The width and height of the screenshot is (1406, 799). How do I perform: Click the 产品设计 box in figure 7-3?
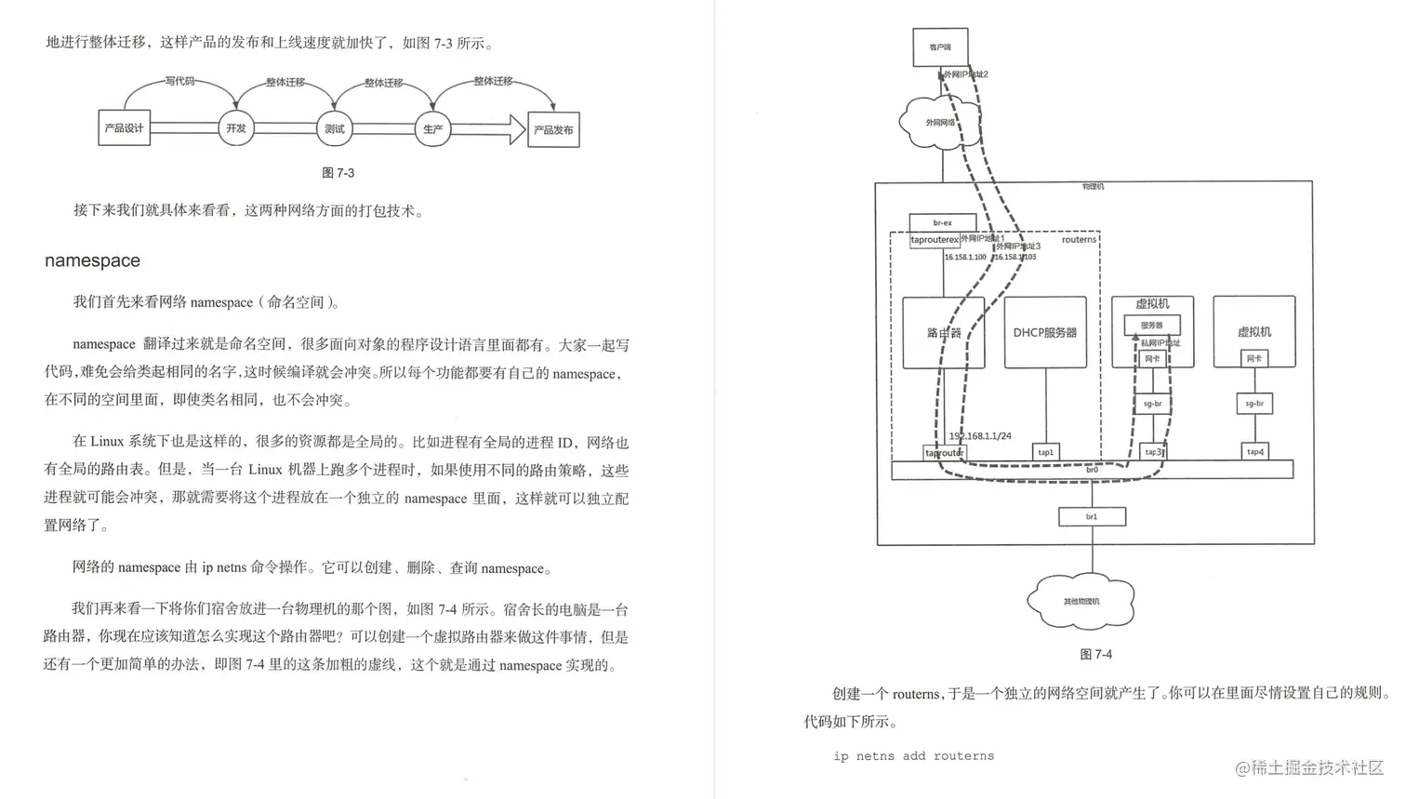click(124, 128)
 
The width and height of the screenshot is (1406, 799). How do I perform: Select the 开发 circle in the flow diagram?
click(236, 128)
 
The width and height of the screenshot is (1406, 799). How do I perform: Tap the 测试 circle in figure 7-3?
click(334, 128)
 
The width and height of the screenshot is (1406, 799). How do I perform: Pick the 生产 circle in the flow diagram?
click(432, 128)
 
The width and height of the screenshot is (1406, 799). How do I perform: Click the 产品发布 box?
click(553, 129)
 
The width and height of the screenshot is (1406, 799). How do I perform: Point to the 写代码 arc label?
click(180, 81)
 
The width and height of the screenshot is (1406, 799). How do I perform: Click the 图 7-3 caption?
click(338, 173)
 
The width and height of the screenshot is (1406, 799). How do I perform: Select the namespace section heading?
click(92, 260)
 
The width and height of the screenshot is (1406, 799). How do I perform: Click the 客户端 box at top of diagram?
click(940, 47)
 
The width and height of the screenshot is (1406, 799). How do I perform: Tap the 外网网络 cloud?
click(939, 123)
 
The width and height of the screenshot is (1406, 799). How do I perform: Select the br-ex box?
click(942, 223)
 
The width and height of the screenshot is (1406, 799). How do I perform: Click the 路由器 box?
click(943, 332)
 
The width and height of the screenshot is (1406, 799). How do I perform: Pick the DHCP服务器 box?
click(1045, 332)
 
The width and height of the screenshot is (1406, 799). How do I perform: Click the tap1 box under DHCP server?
click(1046, 452)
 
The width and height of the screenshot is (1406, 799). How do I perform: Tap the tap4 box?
click(1254, 452)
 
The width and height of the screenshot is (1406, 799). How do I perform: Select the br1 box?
click(1092, 516)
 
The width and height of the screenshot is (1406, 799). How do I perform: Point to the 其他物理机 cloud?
click(1081, 601)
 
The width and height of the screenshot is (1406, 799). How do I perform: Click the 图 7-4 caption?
click(1095, 655)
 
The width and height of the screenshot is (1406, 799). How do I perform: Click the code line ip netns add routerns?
click(913, 756)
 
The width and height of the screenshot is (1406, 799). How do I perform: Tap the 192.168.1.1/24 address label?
click(980, 435)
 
